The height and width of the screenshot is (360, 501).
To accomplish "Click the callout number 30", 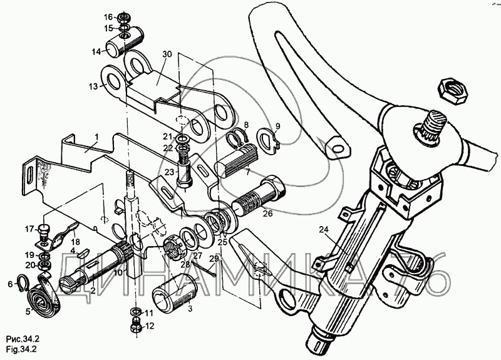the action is pos(167,54).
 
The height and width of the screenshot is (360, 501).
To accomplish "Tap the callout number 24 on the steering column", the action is pos(324,229).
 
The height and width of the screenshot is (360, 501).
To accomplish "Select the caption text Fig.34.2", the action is pos(21,349).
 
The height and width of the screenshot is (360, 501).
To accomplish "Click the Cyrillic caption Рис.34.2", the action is pos(23,339).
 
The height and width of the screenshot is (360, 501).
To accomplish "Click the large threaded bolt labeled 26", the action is pos(259,195).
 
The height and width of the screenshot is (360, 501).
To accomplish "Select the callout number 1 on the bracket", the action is pos(97,137).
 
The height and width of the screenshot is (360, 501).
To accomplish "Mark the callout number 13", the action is pos(93,86).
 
